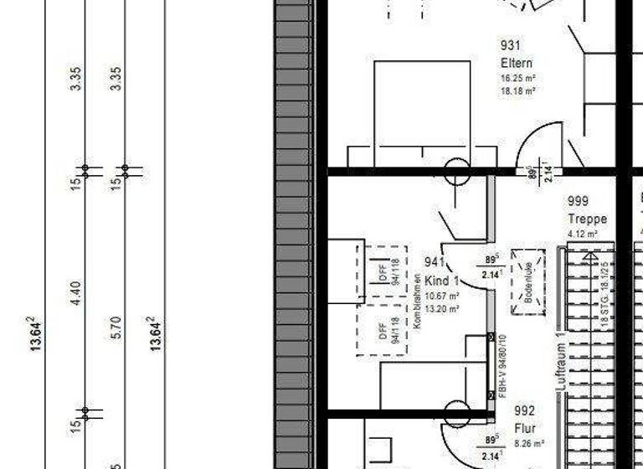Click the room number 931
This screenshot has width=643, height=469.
[x=511, y=45]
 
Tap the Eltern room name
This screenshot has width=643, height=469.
[x=516, y=63]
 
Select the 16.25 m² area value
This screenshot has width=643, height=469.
[x=517, y=78]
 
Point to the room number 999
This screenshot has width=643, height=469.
[x=578, y=201]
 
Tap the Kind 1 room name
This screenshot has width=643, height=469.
[x=442, y=281]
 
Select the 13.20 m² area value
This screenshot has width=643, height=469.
[x=442, y=308]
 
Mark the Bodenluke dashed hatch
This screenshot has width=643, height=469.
[x=528, y=281]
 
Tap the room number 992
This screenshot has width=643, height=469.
[x=525, y=410]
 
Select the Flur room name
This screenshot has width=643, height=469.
[x=524, y=427]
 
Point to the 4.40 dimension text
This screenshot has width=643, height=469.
[x=75, y=292]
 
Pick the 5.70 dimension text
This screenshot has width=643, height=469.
[x=116, y=327]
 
